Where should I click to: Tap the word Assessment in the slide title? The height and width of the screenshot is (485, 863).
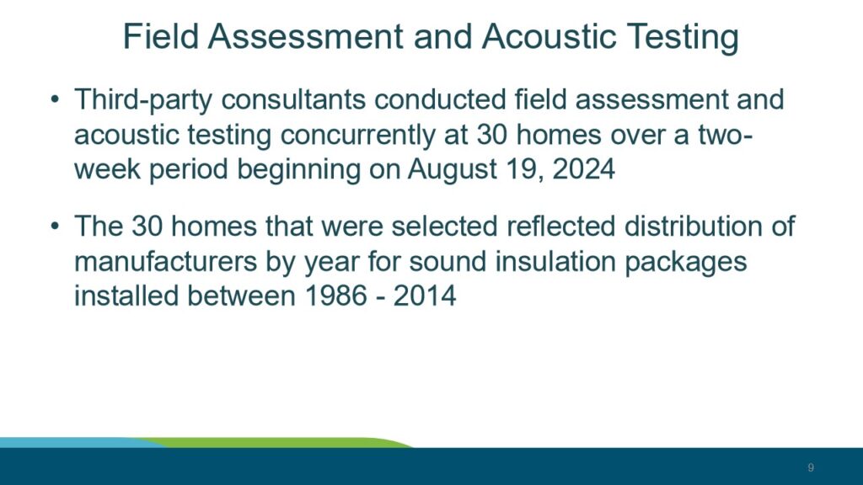coord(305,37)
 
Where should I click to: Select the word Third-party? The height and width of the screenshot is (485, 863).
coord(143,101)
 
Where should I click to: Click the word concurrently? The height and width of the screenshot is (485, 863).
coord(357,136)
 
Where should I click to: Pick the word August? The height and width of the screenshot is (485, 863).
coord(453,169)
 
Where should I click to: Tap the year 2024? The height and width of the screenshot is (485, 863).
coord(583,168)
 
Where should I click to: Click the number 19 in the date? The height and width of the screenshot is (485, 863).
coord(525,168)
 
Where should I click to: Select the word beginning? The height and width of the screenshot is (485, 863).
coord(298,169)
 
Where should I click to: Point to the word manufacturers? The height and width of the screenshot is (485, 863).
coord(166,261)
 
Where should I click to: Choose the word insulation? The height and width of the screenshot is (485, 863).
coord(555,261)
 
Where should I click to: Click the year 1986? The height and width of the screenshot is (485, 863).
coord(335,296)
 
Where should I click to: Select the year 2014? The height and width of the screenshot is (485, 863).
coord(425,296)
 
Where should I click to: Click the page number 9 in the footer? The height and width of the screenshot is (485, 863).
coord(811,467)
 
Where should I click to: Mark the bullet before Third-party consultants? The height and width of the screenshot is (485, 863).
coord(55,100)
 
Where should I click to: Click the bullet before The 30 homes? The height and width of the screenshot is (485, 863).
coord(55,227)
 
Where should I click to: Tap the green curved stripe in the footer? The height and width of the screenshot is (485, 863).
coord(276,443)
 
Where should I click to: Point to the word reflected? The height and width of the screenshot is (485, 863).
coord(560,226)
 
